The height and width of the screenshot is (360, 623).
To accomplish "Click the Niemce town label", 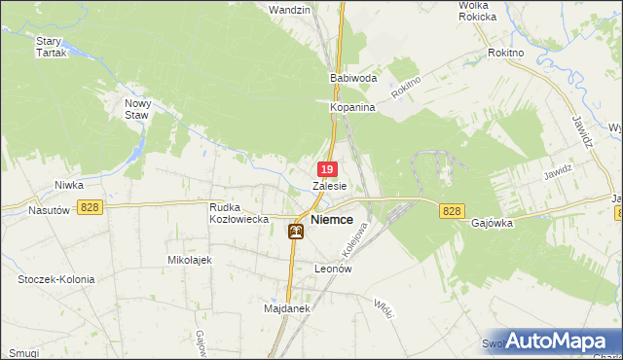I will point(332,220).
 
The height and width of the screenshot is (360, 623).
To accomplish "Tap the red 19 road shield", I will point(329,170).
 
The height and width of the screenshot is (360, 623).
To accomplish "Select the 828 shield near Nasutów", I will point(92,207).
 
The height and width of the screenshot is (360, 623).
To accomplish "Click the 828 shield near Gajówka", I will point(451,211).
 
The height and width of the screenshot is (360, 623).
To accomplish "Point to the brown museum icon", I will point(296,231).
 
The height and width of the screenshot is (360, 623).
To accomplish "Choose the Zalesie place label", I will point(330,185).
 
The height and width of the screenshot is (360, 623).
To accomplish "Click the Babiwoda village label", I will point(353,77).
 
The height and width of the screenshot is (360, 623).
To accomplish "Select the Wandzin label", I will point(289,10).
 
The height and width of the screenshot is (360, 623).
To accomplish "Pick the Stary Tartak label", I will point(50,47).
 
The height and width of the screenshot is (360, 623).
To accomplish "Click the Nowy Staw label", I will point(137,108).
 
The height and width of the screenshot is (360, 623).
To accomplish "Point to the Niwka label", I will point(69,184).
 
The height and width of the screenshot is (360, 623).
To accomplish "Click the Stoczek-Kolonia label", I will point(56,279).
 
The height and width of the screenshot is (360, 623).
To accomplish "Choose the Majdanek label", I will point(286,308).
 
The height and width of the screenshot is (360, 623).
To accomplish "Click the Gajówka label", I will point(492,222).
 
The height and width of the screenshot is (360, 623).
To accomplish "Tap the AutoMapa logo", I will point(558,341).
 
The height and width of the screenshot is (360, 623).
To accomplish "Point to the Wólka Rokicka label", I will point(478,11).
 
